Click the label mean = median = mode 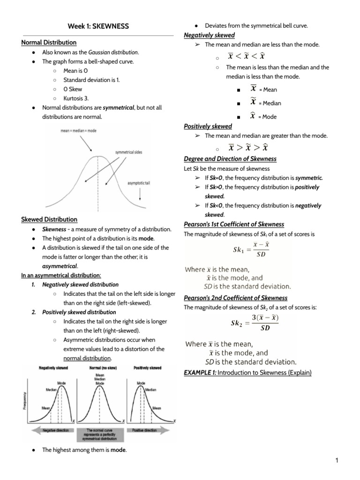pyautogui.click(x=79, y=131)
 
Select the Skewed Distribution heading pyautogui.click(x=49, y=219)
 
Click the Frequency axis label pyautogui.click(x=25, y=402)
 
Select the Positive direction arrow pyautogui.click(x=146, y=430)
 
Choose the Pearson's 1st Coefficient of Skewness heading pyautogui.click(x=234, y=224)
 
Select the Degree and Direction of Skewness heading pyautogui.click(x=230, y=159)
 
